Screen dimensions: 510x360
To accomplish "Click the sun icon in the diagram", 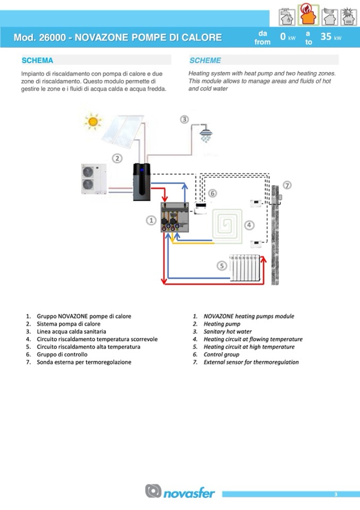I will click(x=94, y=121).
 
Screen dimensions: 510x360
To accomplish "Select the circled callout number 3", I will click(x=185, y=119).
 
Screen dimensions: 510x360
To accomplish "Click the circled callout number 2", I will click(x=118, y=158).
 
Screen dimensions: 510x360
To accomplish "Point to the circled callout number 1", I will click(x=151, y=220).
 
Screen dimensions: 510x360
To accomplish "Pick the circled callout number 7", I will click(x=287, y=186).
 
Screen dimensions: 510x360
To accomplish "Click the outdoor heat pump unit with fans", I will click(x=93, y=178).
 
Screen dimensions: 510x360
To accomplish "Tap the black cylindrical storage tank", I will click(x=142, y=181).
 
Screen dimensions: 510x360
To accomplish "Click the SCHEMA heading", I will click(x=37, y=61).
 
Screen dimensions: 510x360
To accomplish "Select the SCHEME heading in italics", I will click(x=205, y=61).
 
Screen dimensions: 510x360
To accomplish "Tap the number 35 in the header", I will click(x=326, y=37).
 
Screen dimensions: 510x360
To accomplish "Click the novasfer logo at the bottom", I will click(x=180, y=491).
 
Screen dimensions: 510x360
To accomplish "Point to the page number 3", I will click(x=336, y=495).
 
